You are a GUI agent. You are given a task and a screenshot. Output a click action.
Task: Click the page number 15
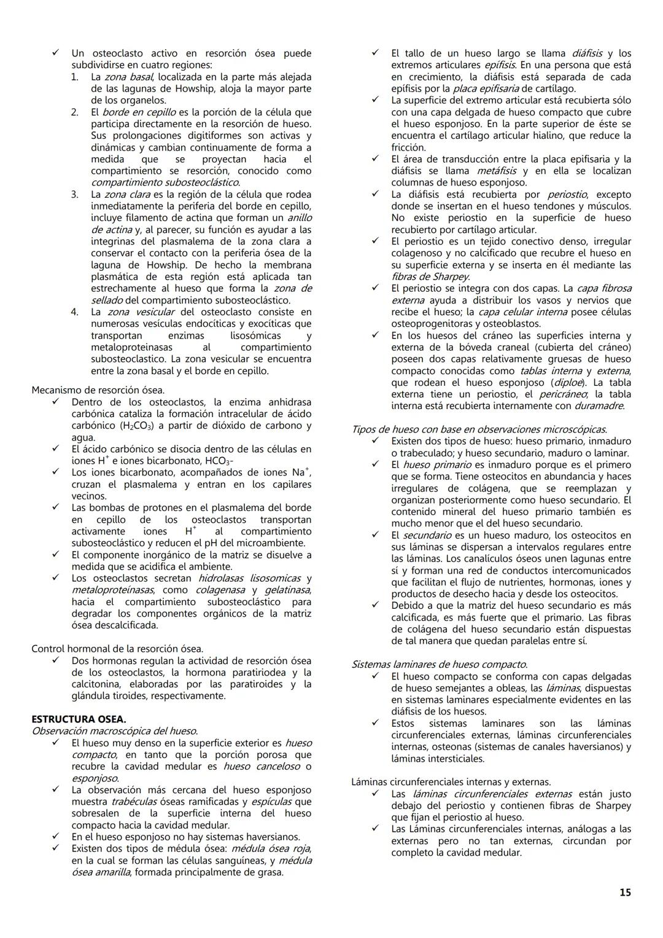pos(624,893)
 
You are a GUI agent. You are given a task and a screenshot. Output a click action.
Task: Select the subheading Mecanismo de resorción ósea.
pos(98,390)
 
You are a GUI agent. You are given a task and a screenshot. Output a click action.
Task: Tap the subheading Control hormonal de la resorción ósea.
pos(117,649)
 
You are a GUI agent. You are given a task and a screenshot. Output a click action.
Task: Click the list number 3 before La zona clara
pos(74,194)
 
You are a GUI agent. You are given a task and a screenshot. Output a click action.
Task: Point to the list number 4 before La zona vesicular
pos(74,312)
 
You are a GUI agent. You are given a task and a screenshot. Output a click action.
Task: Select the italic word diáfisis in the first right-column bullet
pos(587,53)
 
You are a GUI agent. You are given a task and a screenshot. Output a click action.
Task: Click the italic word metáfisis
pos(497,171)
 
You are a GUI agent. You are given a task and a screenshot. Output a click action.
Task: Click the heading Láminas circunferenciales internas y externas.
pos(451,782)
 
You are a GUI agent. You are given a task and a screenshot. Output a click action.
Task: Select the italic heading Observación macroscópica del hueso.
pos(114,731)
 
